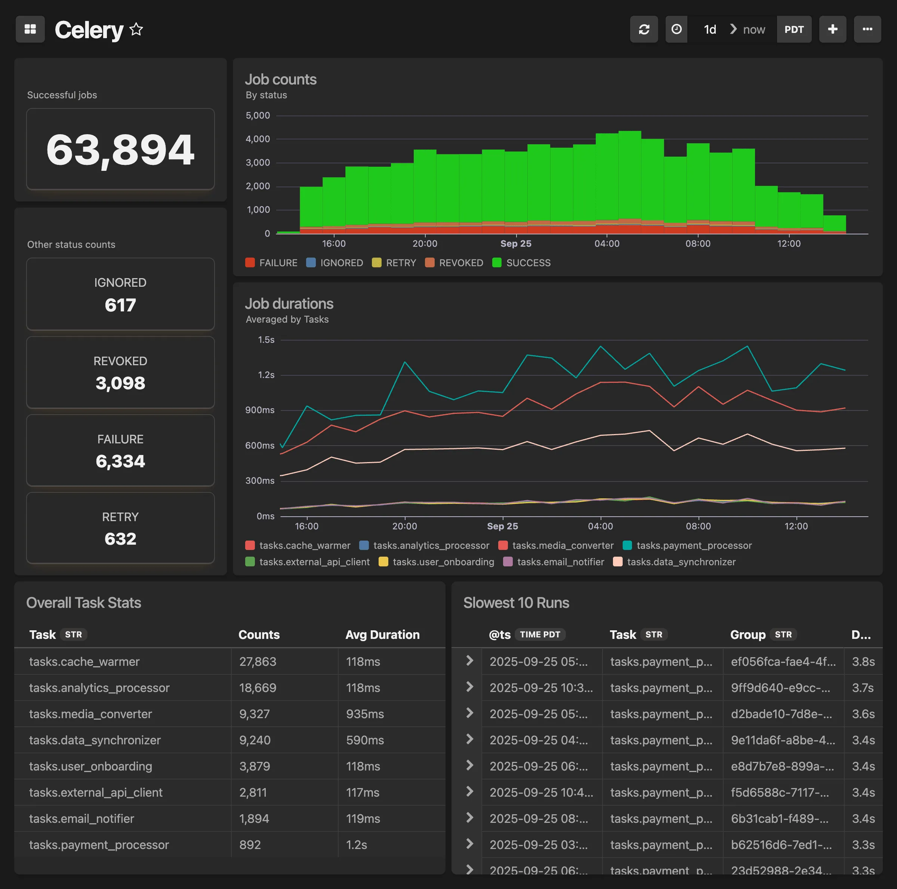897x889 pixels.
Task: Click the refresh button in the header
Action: (x=644, y=29)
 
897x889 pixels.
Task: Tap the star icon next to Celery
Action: (x=136, y=29)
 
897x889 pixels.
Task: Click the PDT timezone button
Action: (x=793, y=29)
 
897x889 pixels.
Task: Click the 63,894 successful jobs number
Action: (x=120, y=150)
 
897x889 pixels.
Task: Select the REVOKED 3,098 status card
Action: (x=120, y=372)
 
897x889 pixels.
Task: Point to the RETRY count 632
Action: (x=120, y=539)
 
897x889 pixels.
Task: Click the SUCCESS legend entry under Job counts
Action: (x=521, y=263)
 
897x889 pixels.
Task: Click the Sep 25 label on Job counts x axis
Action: (x=515, y=243)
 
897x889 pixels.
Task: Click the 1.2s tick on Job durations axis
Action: (x=266, y=375)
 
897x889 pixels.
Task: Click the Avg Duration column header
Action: (x=382, y=634)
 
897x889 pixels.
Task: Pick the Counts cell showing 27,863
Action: (x=258, y=661)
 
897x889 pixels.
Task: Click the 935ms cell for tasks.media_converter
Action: (x=365, y=714)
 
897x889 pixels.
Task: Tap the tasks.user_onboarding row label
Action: (x=90, y=766)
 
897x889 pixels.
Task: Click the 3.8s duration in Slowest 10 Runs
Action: (x=863, y=661)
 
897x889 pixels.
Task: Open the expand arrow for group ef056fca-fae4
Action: (x=469, y=661)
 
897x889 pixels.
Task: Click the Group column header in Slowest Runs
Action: (x=747, y=634)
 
